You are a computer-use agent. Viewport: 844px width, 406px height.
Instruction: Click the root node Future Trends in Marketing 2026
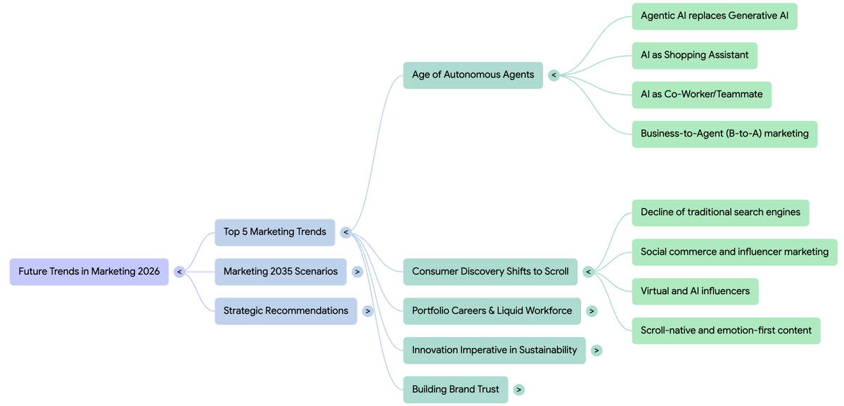coord(89,272)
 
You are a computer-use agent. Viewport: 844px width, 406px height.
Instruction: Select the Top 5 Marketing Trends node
coord(275,232)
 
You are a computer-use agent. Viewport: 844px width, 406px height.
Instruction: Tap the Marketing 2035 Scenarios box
coord(281,272)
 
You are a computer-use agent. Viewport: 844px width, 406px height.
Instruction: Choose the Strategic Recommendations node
coord(286,311)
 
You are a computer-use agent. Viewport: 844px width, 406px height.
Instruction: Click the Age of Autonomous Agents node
coord(473,75)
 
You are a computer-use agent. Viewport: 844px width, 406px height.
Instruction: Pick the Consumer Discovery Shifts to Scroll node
coord(490,272)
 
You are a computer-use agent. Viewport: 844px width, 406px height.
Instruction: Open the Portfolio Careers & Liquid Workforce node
coord(492,311)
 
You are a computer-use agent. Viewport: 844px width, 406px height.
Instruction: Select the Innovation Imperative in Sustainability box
coord(494,350)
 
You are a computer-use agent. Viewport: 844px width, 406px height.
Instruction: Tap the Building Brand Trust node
coord(455,390)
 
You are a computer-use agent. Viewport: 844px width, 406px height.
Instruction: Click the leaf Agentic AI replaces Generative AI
coord(715,15)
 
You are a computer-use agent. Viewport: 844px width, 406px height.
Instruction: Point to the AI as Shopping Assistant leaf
coord(694,55)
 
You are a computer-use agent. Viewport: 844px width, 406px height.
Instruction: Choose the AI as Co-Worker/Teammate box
coord(701,94)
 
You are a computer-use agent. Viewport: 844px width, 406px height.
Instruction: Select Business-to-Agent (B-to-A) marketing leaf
coord(724,134)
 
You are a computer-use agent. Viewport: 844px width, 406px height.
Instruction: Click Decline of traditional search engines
coord(720,212)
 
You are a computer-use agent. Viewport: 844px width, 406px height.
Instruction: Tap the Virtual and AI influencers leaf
coord(695,291)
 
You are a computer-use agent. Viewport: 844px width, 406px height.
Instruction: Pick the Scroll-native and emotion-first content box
coord(726,331)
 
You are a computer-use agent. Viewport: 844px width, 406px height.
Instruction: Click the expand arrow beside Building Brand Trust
coord(519,390)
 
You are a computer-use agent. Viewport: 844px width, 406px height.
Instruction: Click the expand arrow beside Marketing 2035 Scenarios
coord(357,272)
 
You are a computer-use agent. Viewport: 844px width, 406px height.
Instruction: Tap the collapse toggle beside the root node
coord(179,272)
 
